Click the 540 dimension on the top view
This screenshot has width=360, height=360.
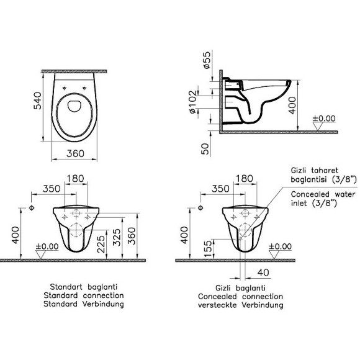[37, 101]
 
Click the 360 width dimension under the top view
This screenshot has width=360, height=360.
[75, 153]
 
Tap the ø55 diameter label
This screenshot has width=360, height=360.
[207, 60]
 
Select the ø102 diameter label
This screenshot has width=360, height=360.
[193, 102]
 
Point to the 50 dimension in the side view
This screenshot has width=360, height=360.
[205, 149]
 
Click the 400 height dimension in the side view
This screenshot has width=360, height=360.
[292, 105]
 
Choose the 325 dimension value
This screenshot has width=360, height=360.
[117, 237]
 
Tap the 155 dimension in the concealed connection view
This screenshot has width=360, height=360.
[207, 249]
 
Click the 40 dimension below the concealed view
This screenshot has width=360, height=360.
[263, 272]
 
